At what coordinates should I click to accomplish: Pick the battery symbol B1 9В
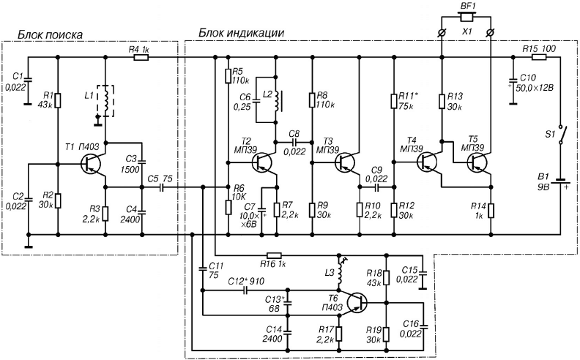560,181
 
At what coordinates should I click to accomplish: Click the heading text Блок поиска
51,34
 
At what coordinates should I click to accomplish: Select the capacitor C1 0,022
27,79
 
